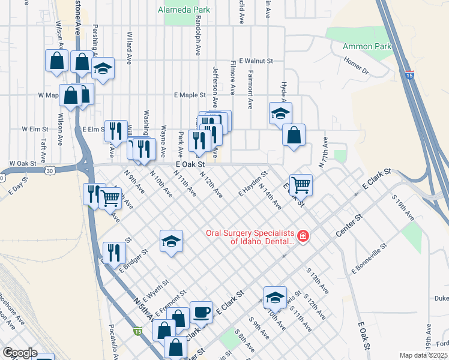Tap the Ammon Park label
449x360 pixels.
click(367, 46)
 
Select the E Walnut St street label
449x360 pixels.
click(256, 61)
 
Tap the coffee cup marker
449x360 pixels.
click(201, 312)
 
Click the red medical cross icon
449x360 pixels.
click(303, 236)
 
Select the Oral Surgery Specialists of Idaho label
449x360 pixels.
click(250, 237)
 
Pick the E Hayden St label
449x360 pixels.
click(252, 183)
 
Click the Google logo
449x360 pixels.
click(20, 353)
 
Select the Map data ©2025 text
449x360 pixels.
click(423, 355)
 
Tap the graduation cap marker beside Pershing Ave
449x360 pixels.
click(103, 68)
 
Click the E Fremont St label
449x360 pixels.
click(172, 304)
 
